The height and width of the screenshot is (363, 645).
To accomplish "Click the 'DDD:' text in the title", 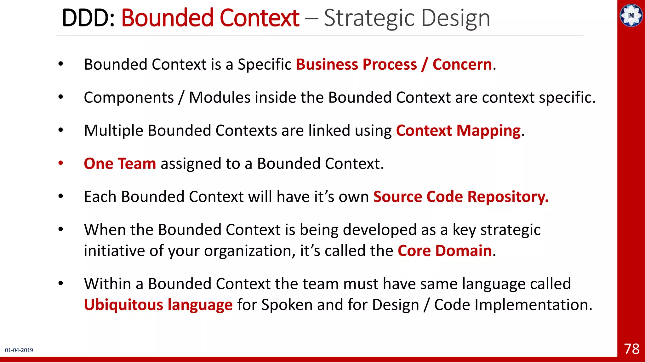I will tap(88, 18).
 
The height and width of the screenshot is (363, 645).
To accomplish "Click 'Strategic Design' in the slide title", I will tap(407, 18).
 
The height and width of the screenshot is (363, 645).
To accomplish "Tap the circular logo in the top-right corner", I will tap(631, 15).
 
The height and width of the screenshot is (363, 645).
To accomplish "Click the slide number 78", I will tap(631, 349).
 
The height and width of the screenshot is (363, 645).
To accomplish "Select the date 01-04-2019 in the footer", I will tap(19, 350).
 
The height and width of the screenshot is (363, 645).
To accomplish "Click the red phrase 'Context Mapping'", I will tap(458, 130).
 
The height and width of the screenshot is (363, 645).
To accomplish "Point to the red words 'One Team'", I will tap(120, 164).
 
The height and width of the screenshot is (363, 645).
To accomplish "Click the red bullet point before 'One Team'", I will tap(60, 163).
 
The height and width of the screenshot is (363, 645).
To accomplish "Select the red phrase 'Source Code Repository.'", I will tap(461, 197).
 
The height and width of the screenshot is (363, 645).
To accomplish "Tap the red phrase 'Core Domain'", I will tap(444, 251).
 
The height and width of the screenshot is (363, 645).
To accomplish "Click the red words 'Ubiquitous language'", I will tap(158, 305).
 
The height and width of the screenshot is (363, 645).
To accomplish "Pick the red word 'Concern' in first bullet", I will tap(462, 64).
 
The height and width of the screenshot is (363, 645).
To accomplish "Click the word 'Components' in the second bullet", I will tap(129, 98).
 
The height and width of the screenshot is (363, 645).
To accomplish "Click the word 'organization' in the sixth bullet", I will tap(247, 251).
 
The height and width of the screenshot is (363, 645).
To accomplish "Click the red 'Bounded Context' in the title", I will tap(210, 18).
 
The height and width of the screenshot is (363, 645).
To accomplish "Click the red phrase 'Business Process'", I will tap(356, 64).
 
